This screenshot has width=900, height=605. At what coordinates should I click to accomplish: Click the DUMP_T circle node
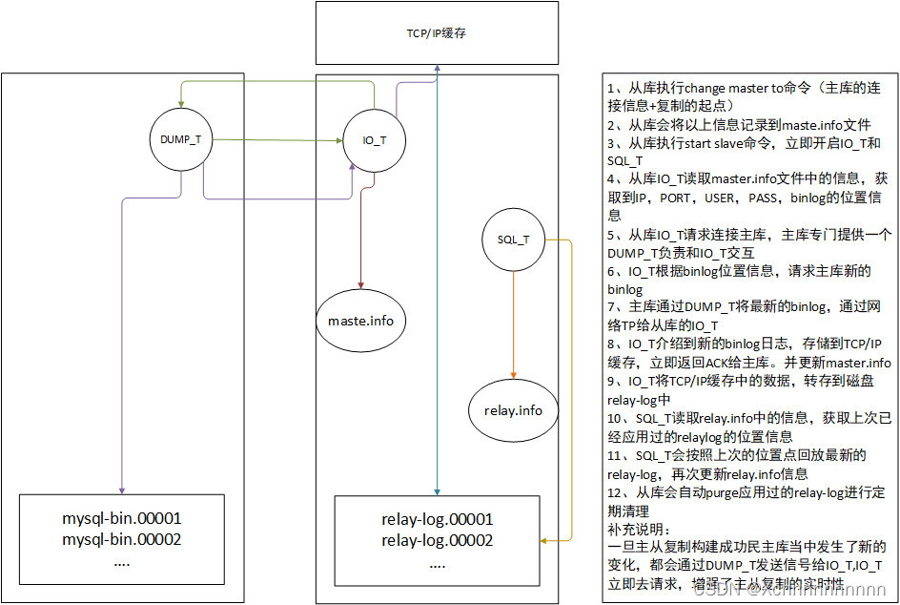180,139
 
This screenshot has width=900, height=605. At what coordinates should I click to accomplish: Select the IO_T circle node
375,140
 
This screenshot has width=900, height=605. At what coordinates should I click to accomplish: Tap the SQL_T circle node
514,240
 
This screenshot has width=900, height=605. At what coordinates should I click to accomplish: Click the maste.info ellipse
362,321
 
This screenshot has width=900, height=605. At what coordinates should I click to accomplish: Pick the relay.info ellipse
513,410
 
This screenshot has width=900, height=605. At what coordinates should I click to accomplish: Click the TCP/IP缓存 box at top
437,33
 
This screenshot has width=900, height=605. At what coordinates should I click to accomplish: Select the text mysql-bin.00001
122,519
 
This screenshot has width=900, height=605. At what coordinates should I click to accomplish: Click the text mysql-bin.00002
122,540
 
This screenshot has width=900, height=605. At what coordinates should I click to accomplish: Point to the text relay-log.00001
437,519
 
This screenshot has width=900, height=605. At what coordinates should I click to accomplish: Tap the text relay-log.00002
437,540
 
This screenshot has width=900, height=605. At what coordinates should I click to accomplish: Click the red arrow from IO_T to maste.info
361,229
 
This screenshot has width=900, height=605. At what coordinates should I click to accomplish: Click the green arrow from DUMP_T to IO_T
276,140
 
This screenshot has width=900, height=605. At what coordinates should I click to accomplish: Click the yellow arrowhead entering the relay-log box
545,541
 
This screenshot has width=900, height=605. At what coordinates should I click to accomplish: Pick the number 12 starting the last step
614,492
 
